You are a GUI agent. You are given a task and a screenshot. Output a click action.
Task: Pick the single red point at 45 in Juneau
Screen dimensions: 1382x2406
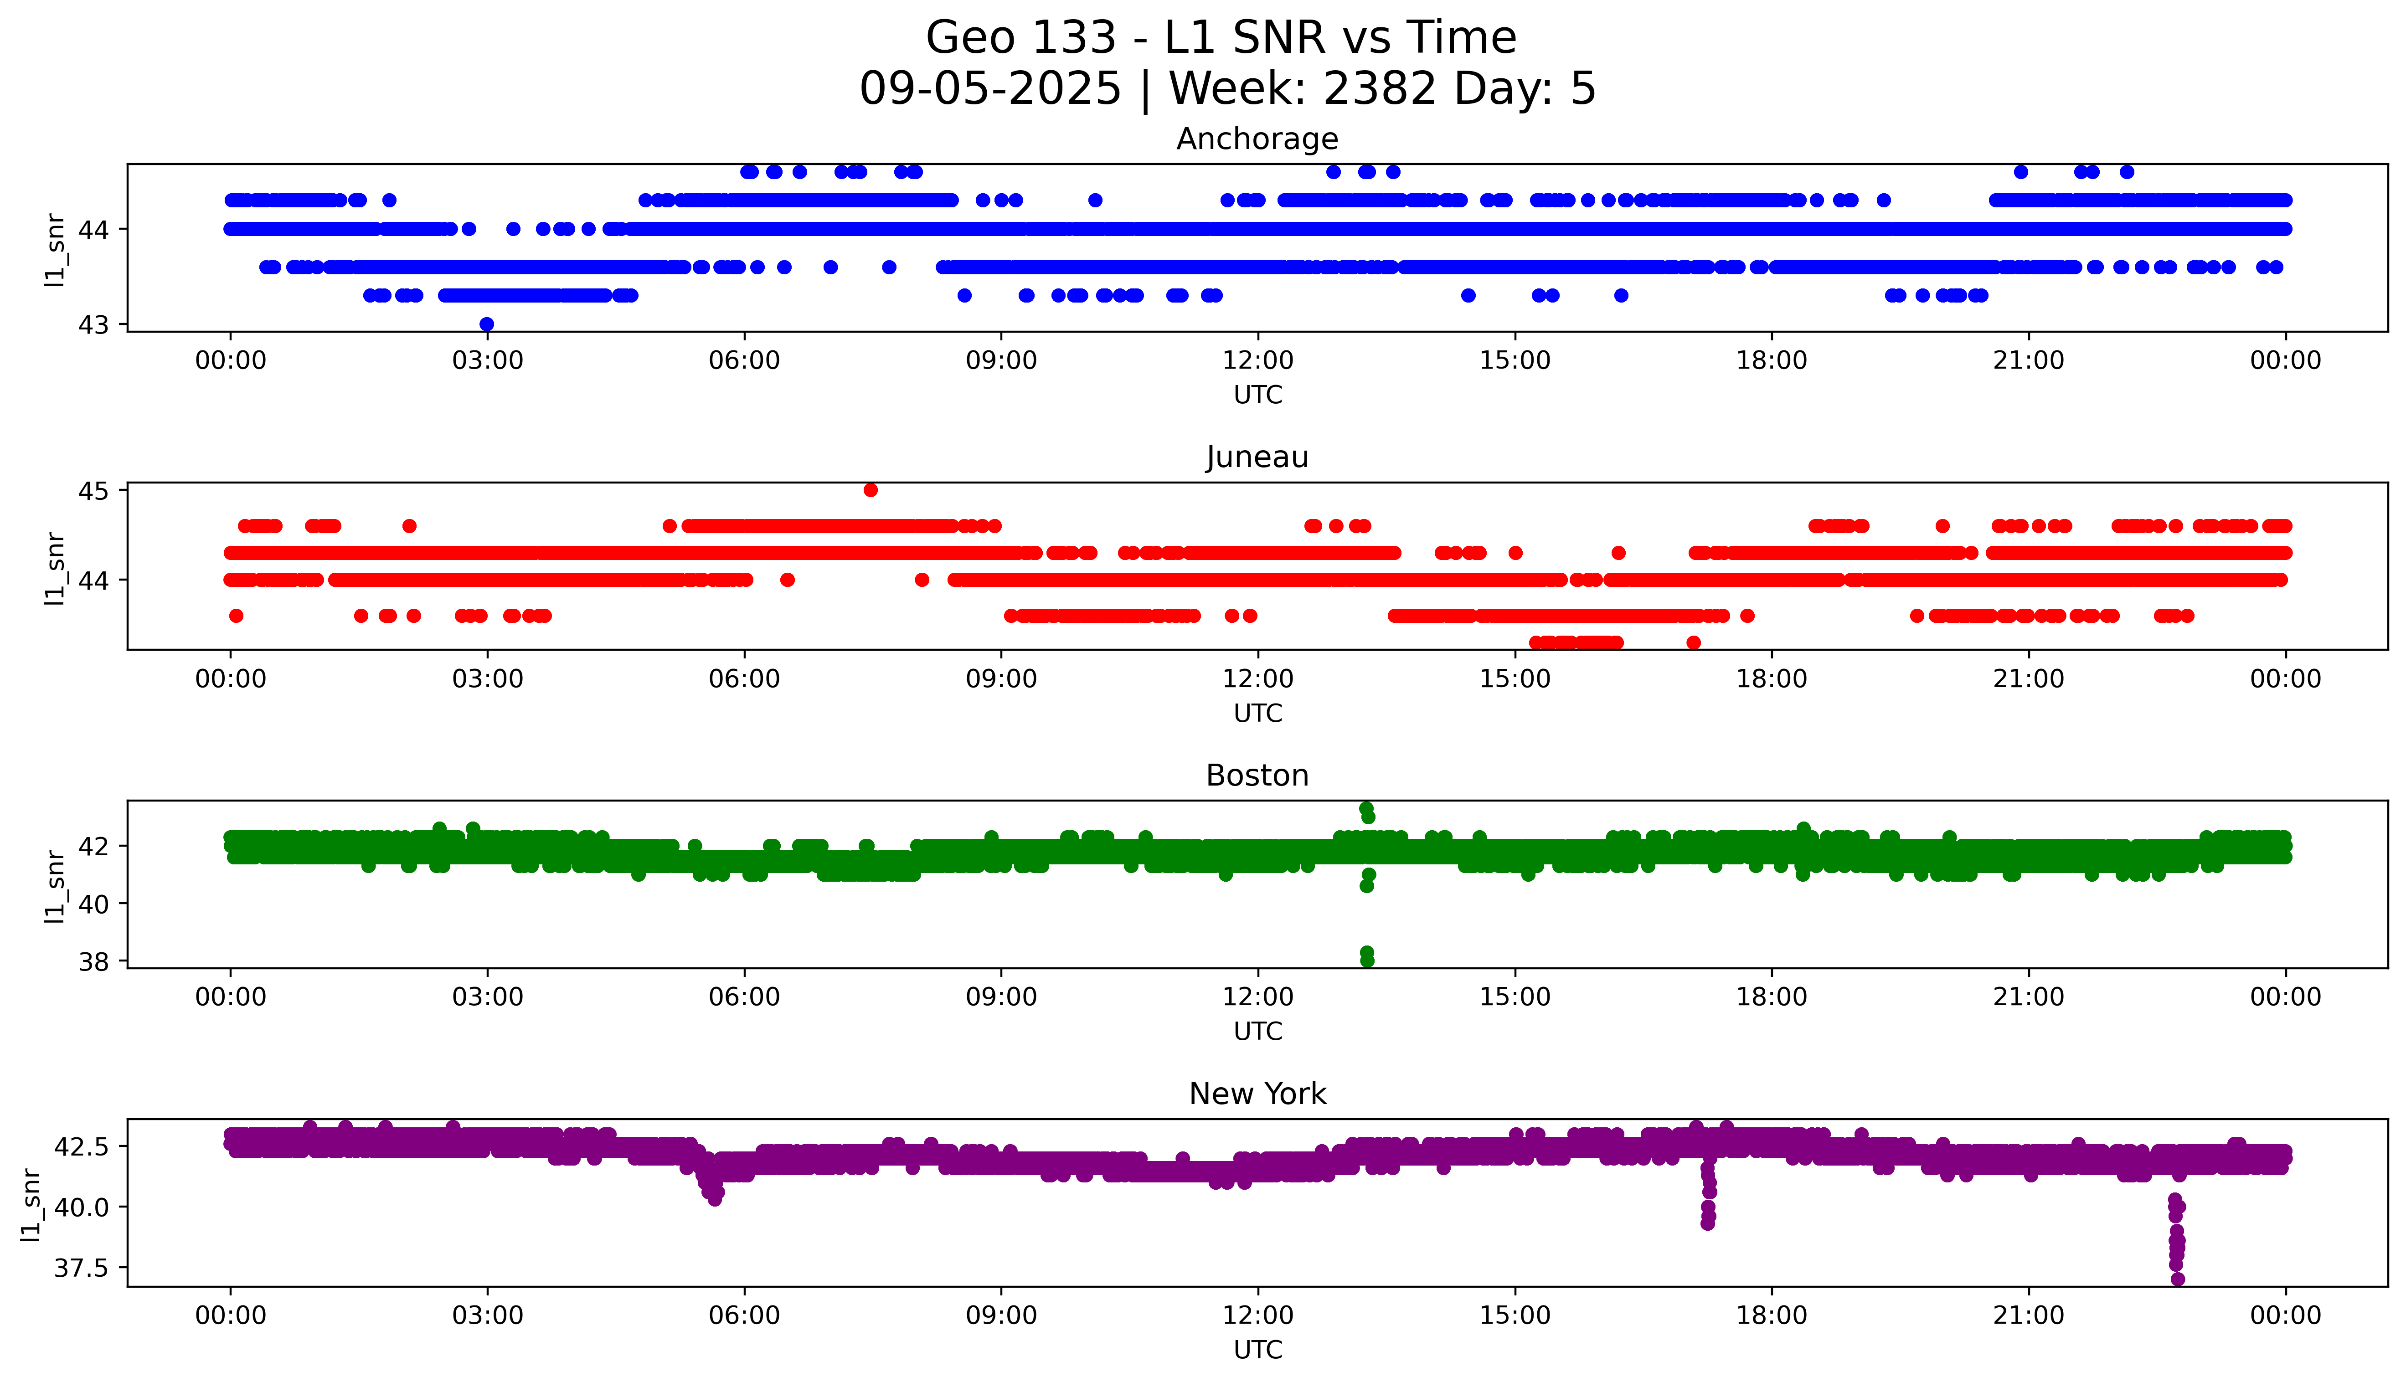[871, 490]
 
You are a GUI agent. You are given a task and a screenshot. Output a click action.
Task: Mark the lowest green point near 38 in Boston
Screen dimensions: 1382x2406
[1367, 961]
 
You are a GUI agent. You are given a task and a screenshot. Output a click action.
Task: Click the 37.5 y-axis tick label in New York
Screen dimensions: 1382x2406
[82, 1268]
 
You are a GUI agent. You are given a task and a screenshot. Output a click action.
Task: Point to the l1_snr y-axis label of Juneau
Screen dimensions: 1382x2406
[55, 568]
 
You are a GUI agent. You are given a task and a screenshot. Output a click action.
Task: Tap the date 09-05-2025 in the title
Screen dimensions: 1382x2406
[990, 89]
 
